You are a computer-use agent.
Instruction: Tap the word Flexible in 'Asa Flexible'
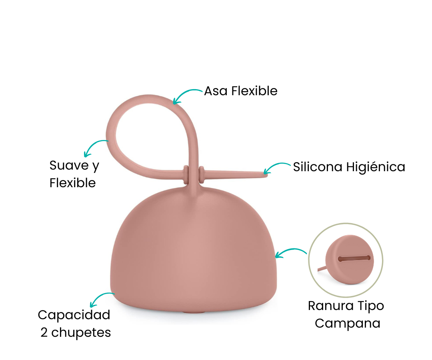[254, 91]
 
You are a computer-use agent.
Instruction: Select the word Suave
[69, 165]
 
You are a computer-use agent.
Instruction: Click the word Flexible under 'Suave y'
[72, 183]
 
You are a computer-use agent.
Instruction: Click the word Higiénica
[376, 167]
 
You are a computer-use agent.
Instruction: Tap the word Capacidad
[74, 315]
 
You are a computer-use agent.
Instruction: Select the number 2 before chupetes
[44, 332]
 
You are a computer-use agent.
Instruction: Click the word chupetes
[81, 333]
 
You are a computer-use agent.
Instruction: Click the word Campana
[348, 323]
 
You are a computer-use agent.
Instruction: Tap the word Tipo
[370, 306]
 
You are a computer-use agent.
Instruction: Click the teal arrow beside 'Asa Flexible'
[186, 93]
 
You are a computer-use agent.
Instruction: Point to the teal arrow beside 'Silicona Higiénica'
[276, 165]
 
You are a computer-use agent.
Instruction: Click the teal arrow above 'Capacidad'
[100, 297]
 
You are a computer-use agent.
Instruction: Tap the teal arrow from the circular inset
[290, 250]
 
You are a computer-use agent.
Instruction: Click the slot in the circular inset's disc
[354, 258]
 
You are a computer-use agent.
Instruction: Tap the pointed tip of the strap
[267, 174]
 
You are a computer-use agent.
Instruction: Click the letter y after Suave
[95, 167]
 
